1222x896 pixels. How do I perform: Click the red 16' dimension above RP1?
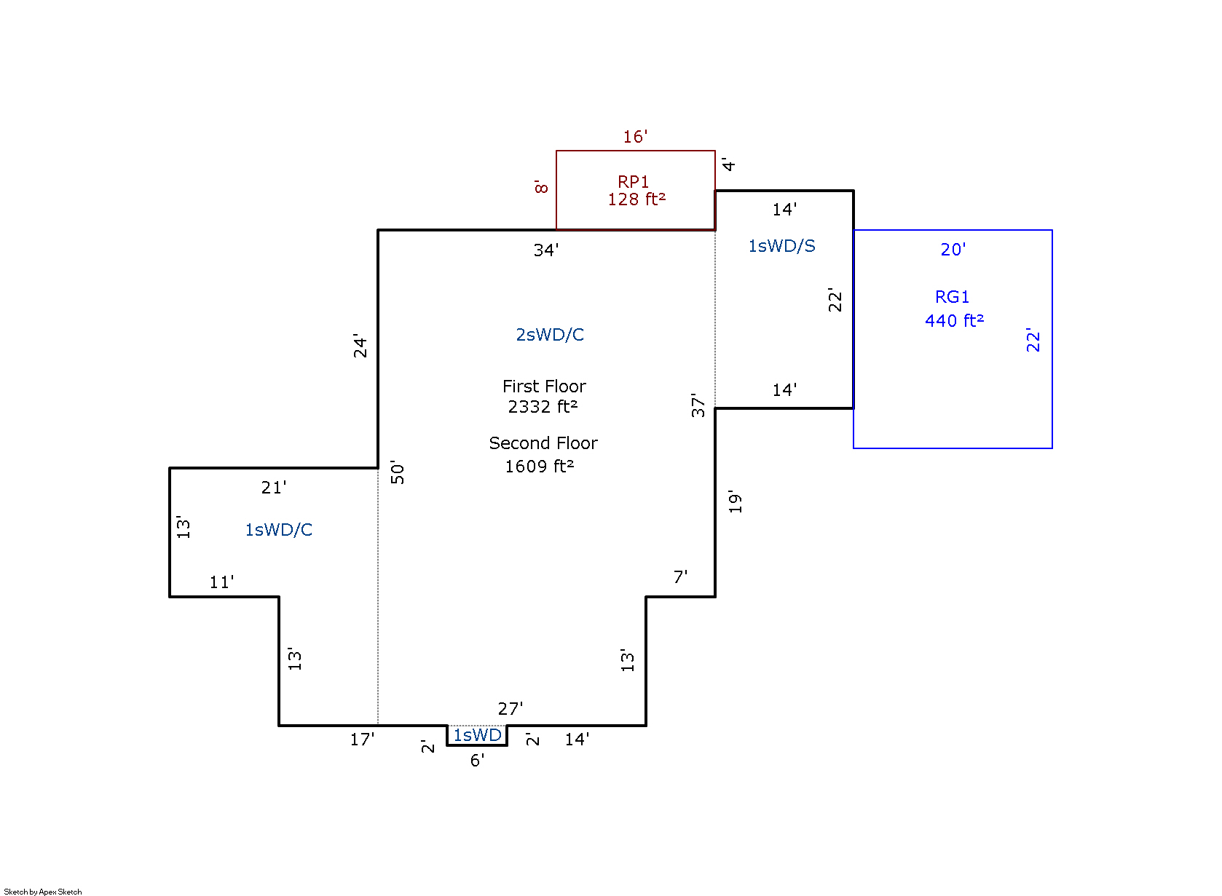tap(635, 137)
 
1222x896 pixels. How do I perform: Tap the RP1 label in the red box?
tap(634, 181)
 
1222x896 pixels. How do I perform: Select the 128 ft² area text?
tap(636, 199)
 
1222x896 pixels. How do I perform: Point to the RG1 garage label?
tap(952, 297)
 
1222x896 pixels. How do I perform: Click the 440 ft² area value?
tap(954, 320)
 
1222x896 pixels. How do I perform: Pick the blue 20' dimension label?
tap(953, 250)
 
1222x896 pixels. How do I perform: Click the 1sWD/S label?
tap(781, 246)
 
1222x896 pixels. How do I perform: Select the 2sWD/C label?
tap(550, 335)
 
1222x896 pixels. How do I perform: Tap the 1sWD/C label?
tap(278, 530)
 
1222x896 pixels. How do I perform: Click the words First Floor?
tap(544, 386)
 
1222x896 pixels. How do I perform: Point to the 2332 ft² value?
tap(543, 406)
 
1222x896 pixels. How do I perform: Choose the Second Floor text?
tap(543, 443)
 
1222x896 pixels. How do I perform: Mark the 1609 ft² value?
tap(540, 466)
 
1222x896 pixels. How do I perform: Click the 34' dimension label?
tap(546, 250)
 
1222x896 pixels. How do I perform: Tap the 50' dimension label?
tap(398, 472)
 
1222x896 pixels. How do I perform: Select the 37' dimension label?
tap(698, 405)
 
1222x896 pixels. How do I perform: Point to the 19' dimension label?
tap(735, 501)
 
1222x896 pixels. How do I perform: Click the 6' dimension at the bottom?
tap(477, 761)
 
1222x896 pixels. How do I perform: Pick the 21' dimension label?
tap(274, 488)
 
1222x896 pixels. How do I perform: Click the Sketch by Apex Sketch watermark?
tap(43, 892)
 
